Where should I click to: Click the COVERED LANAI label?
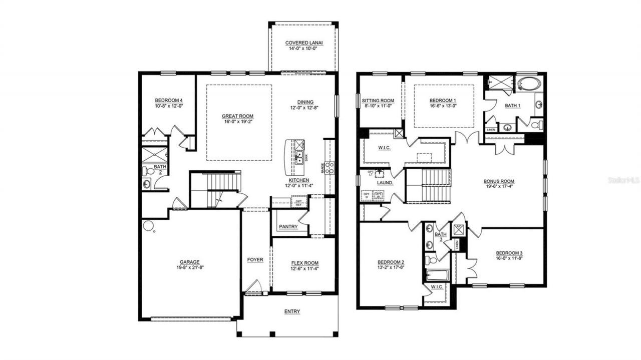[x=303, y=43]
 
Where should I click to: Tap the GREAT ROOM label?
[x=238, y=116]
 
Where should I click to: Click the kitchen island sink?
[x=299, y=157]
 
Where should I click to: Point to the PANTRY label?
[x=288, y=227]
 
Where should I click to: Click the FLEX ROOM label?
[x=305, y=263]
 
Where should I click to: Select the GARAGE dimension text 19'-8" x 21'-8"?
[x=190, y=267]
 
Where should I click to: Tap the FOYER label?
[x=255, y=260]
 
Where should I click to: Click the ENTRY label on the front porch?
[x=292, y=311]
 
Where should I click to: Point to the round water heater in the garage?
[x=148, y=226]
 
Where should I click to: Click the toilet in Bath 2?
[x=150, y=171]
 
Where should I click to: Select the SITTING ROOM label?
[x=378, y=101]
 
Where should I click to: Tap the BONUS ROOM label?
[x=499, y=181]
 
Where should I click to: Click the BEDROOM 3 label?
[x=510, y=253]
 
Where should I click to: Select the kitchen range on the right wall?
[x=329, y=168]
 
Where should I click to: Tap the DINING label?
[x=305, y=102]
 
